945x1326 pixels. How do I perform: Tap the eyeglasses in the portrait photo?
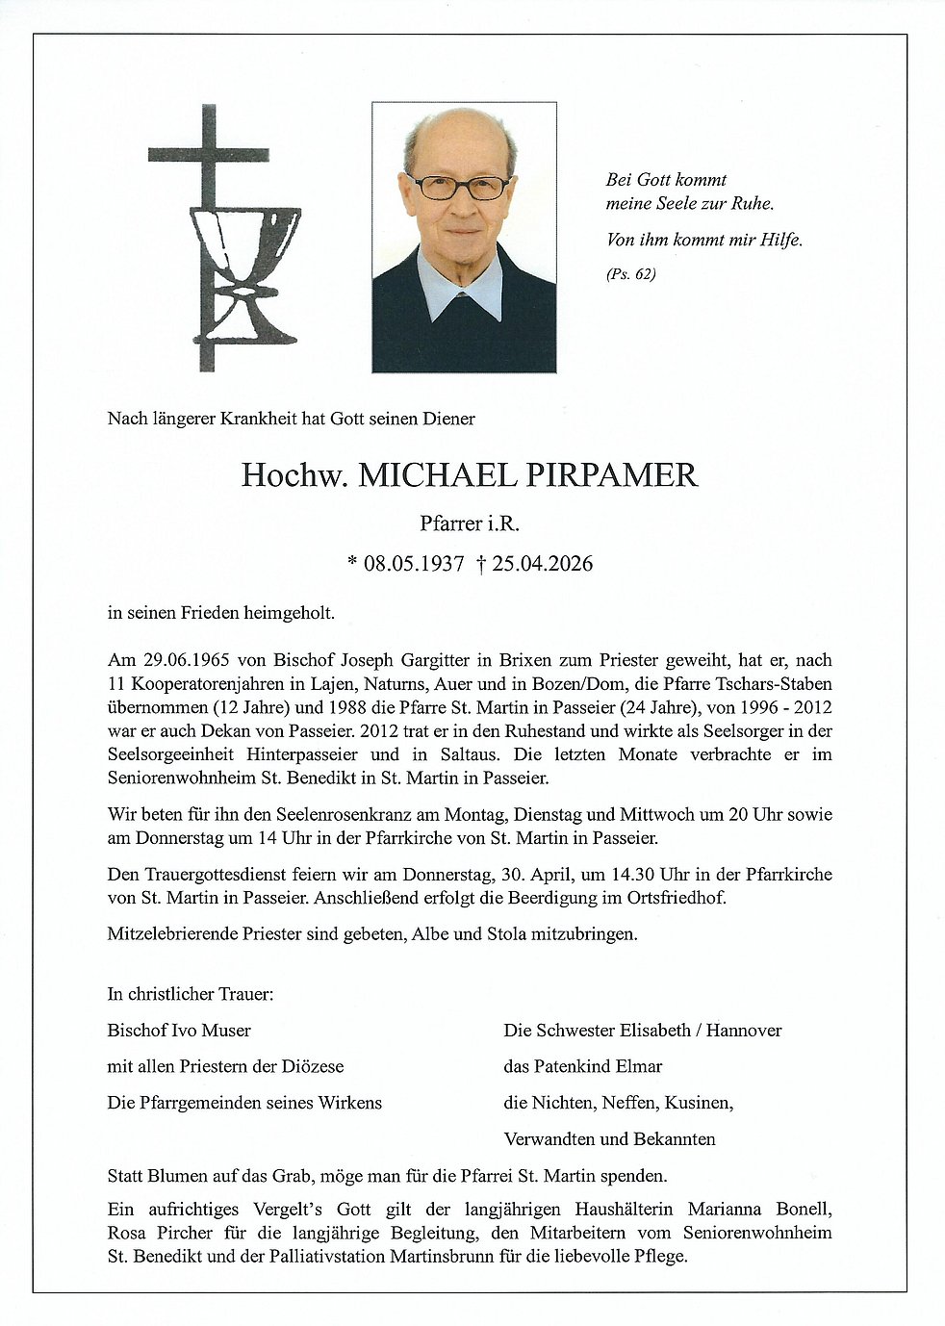[x=459, y=186]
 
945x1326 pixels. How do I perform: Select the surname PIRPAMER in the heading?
[x=611, y=475]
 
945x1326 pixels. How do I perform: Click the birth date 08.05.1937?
[x=414, y=564]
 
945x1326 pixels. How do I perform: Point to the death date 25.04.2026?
[x=542, y=564]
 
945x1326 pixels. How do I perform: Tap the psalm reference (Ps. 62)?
[x=630, y=274]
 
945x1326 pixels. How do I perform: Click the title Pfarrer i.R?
[x=470, y=523]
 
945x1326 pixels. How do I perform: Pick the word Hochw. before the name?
[x=294, y=475]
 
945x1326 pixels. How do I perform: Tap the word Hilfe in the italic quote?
[x=779, y=241]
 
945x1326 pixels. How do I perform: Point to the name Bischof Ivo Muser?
[x=179, y=1031]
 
